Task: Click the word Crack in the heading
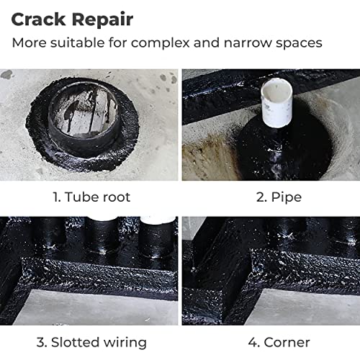pyautogui.click(x=38, y=19)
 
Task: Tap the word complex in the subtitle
pyautogui.click(x=161, y=43)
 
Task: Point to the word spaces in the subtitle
pyautogui.click(x=299, y=44)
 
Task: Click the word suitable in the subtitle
pyautogui.click(x=78, y=42)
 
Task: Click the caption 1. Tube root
pyautogui.click(x=91, y=197)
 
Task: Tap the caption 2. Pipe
pyautogui.click(x=279, y=198)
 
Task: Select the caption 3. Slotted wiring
pyautogui.click(x=91, y=342)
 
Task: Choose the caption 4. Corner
pyautogui.click(x=279, y=342)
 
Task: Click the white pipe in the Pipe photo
pyautogui.click(x=276, y=103)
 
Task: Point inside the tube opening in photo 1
pyautogui.click(x=83, y=109)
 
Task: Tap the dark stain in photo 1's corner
pyautogui.click(x=6, y=74)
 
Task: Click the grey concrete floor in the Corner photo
pyautogui.click(x=305, y=307)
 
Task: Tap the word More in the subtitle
pyautogui.click(x=30, y=43)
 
